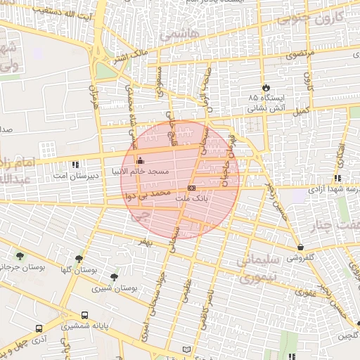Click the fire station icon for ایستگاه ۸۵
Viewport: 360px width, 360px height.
tap(266, 87)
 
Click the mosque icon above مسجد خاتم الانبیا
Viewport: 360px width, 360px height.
tap(139, 160)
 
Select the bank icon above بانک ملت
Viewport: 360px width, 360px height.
tap(192, 188)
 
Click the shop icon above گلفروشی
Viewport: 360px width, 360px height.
tap(301, 247)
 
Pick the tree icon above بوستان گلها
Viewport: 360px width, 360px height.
tap(78, 259)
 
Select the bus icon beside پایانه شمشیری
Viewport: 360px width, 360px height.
tap(85, 315)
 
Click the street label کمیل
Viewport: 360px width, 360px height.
tap(301, 111)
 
